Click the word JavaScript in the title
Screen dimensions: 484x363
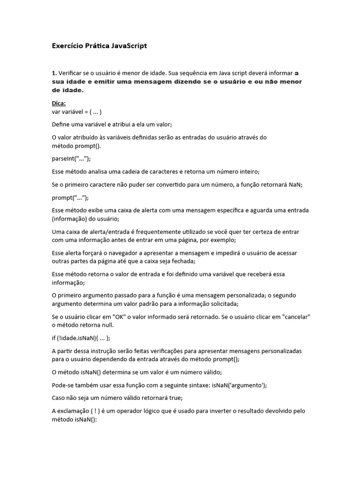pos(130,46)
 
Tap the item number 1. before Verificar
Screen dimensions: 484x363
pos(54,73)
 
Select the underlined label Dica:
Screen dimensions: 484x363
pos(59,103)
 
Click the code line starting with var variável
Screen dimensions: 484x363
pos(77,112)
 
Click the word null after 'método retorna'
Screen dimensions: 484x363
pos(107,325)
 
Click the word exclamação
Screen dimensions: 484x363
pos(78,411)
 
